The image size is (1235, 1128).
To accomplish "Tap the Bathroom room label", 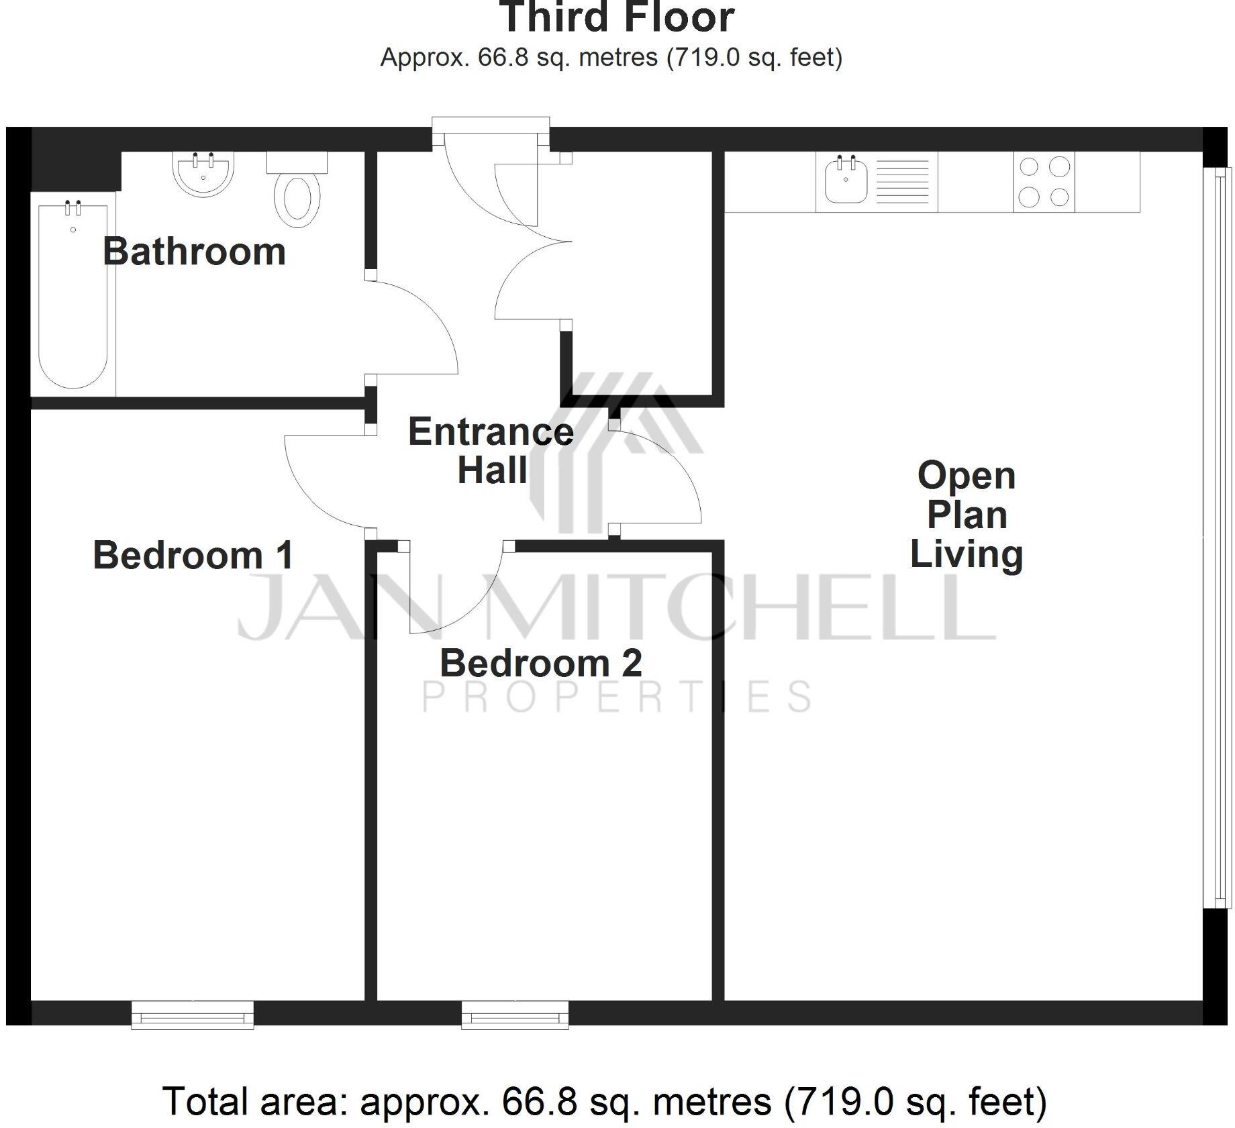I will [194, 252].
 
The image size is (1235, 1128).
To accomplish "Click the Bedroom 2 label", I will [541, 663].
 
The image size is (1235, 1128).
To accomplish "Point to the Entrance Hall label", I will [491, 450].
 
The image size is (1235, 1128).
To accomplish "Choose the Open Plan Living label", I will [967, 515].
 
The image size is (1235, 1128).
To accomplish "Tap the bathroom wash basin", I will [203, 174].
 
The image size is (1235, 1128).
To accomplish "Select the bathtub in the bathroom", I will [73, 295].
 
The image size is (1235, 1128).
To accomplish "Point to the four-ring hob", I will [1044, 182].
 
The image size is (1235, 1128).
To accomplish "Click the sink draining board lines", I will [903, 182].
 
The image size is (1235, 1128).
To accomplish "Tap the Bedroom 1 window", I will [193, 1015].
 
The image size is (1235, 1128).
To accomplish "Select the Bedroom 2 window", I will [515, 1015].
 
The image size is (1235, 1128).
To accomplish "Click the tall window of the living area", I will [1218, 537].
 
